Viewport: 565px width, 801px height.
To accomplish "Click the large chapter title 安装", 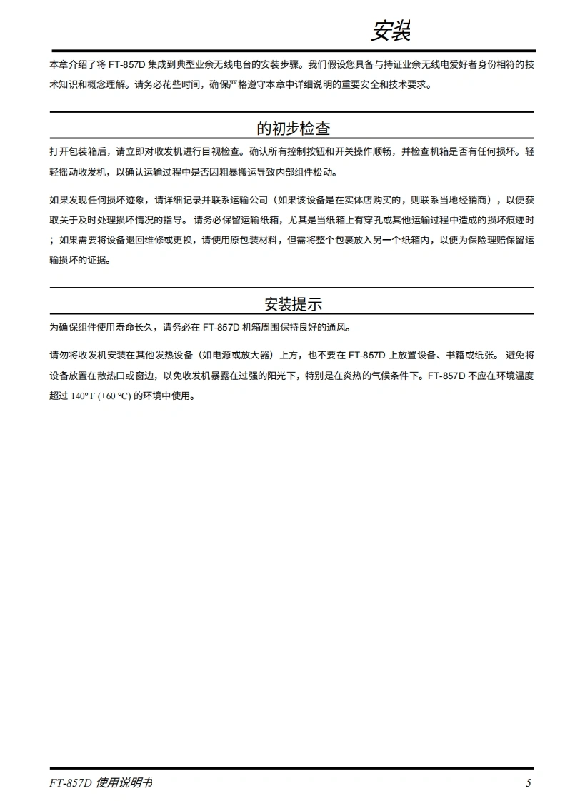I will coord(391,31).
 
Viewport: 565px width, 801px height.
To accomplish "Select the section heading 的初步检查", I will coord(293,129).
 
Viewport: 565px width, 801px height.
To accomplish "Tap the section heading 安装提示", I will coord(293,304).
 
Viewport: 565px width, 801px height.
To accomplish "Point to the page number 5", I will coord(529,783).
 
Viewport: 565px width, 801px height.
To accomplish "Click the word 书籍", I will coord(457,355).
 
